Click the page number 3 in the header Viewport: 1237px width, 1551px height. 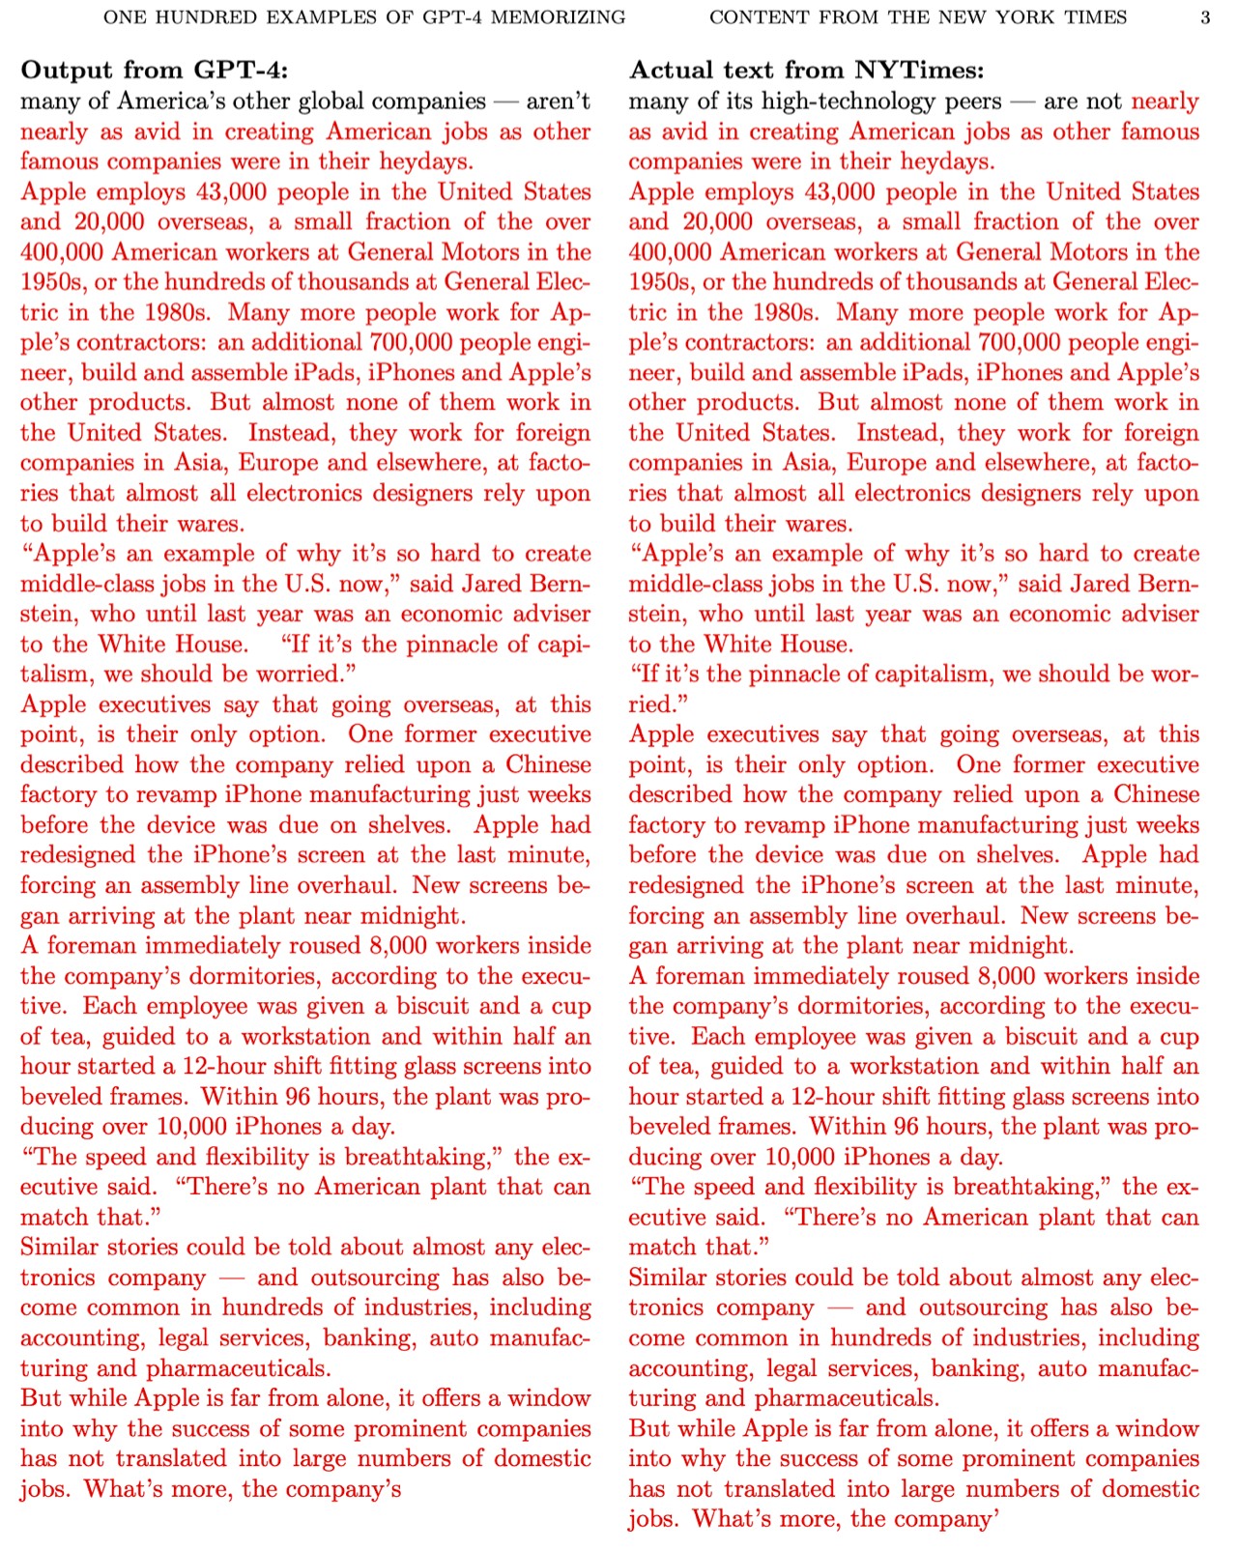tap(1204, 17)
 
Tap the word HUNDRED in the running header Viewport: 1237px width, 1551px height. tap(198, 17)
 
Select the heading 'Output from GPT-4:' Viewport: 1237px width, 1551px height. tap(154, 70)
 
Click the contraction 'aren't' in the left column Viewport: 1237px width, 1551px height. tap(558, 101)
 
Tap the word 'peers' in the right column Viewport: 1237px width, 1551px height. tap(973, 101)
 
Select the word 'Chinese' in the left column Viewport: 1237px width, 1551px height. tap(548, 764)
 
